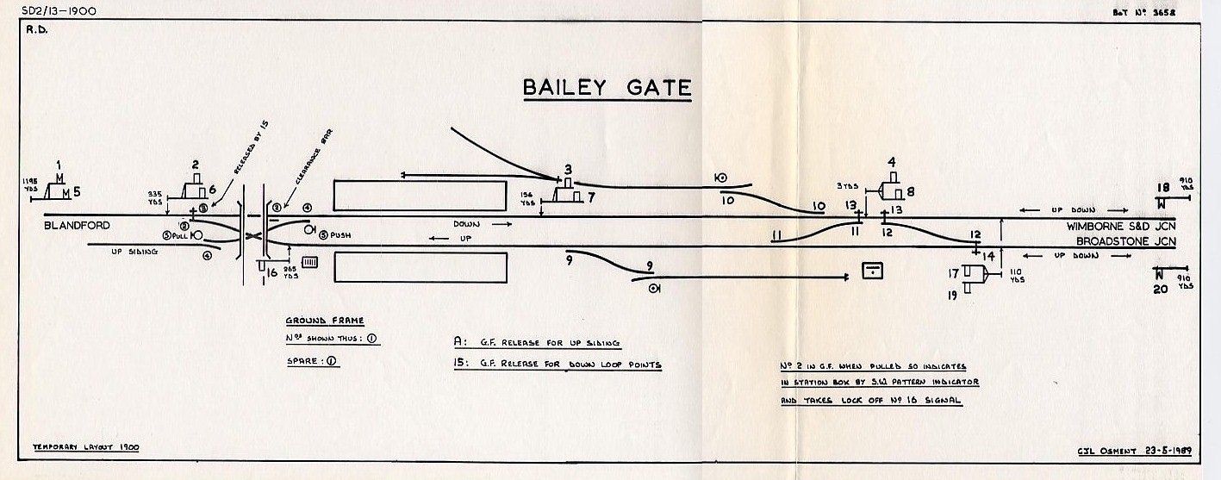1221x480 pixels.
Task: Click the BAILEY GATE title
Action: point(607,88)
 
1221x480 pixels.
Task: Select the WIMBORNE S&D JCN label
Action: point(1120,227)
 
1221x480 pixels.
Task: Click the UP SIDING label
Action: point(134,252)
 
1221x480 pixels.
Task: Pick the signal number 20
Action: point(1160,289)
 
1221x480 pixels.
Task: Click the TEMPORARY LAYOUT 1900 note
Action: point(85,447)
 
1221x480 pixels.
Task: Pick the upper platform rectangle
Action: point(419,195)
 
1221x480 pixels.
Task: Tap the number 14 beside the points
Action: point(987,256)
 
